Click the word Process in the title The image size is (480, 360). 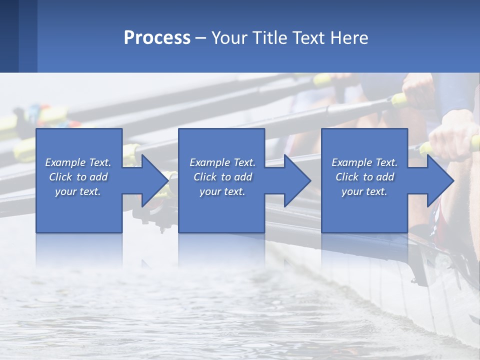coord(157,38)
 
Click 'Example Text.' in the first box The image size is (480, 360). coord(78,162)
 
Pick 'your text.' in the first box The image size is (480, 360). coord(78,191)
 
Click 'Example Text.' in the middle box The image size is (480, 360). coord(222,162)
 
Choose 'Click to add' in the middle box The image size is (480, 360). coord(222,177)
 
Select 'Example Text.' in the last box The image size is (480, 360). coord(364,162)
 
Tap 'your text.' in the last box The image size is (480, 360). coord(364,191)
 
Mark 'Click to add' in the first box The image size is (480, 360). coord(78,177)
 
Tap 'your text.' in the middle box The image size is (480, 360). coord(222,191)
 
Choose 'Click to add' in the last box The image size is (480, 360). coord(364,177)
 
